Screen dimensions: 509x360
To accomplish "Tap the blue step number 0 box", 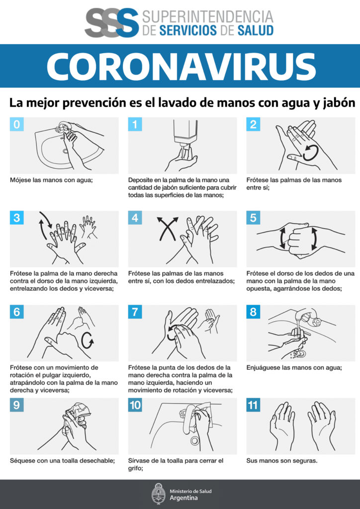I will pos(17,125).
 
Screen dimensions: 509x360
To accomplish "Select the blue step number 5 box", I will pos(254,218).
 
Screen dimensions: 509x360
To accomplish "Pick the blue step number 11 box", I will pos(254,405).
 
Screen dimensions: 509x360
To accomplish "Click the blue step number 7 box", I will pos(135,312).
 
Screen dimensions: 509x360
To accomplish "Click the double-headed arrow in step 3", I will pos(45,227).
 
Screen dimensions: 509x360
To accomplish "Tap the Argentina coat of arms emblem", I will pos(159,494).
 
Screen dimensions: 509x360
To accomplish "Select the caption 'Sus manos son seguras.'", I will pos(281,461).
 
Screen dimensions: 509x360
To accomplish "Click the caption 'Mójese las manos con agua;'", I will pos(52,180).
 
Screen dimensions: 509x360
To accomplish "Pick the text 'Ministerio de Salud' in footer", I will pos(190,491).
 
